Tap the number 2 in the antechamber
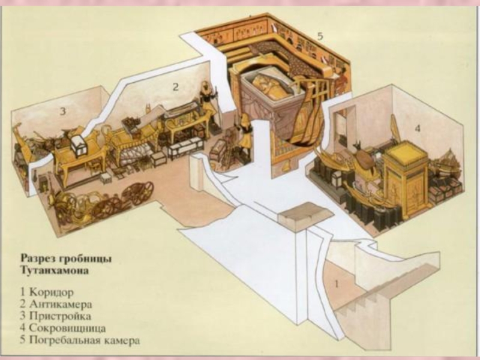[175, 86]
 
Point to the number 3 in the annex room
[62, 110]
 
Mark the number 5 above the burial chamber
[320, 36]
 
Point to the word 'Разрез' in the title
[34, 258]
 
